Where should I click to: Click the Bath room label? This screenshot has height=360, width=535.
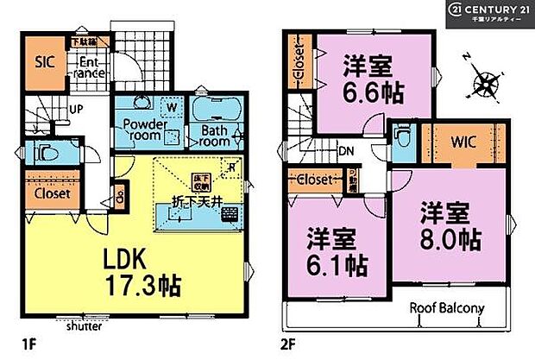pos(215,136)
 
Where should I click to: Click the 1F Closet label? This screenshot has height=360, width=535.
pos(52,193)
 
